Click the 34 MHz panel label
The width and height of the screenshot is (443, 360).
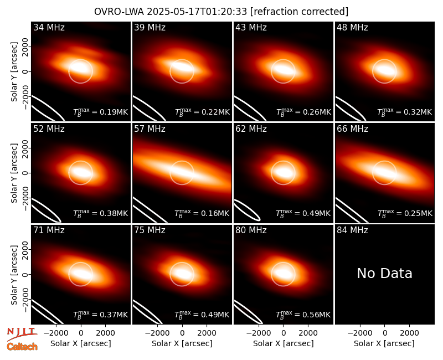click(49, 27)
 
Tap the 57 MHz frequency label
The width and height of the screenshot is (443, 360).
click(150, 129)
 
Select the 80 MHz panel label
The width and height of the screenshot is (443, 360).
click(251, 230)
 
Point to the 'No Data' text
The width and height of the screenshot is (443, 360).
click(384, 273)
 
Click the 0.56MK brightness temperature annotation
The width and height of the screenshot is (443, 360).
click(303, 315)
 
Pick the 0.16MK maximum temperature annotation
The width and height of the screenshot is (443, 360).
click(202, 213)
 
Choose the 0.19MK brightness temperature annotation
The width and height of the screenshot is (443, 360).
click(101, 112)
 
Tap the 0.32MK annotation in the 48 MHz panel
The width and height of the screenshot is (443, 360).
click(405, 112)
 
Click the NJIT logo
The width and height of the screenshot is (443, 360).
click(22, 334)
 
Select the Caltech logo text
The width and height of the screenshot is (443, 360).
click(22, 347)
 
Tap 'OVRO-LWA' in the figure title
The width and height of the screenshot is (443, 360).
click(119, 12)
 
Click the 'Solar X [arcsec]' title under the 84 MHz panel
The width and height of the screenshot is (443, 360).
click(384, 343)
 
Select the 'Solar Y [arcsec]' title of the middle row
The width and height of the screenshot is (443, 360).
click(14, 173)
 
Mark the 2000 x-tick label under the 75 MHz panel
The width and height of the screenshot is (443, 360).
click(207, 333)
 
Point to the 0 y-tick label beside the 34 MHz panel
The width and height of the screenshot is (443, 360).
click(25, 71)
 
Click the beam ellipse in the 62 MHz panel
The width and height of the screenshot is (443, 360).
click(247, 210)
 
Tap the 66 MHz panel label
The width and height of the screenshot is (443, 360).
click(352, 129)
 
